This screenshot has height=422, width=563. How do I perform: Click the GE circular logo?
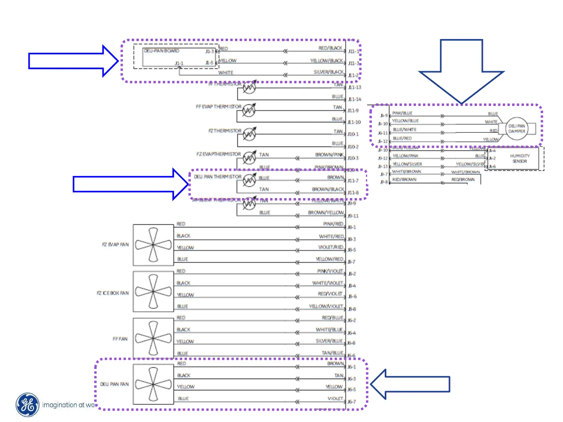[27, 405]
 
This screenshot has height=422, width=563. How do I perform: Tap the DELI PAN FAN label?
[114, 384]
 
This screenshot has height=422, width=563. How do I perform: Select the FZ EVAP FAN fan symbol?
[153, 245]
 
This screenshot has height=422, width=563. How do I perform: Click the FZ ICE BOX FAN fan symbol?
[153, 291]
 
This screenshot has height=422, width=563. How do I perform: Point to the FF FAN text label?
[120, 339]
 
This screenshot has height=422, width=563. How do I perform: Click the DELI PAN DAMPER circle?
[516, 129]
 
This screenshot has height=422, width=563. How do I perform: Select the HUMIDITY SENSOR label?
[520, 158]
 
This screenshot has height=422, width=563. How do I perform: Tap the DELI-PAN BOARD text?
[161, 51]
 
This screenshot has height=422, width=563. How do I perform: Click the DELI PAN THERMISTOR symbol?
[249, 180]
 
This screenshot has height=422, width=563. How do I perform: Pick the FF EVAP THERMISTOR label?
[218, 107]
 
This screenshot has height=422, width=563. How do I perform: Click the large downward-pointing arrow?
[461, 70]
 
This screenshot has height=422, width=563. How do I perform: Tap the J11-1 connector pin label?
[353, 52]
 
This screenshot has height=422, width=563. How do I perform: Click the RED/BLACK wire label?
[330, 48]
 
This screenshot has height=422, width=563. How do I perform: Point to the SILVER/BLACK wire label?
[328, 72]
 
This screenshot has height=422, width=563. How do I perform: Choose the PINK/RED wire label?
[333, 224]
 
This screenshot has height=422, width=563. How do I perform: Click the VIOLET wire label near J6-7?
[335, 399]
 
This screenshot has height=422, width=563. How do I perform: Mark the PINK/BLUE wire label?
[402, 113]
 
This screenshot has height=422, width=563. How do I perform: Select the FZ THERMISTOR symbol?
[249, 134]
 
